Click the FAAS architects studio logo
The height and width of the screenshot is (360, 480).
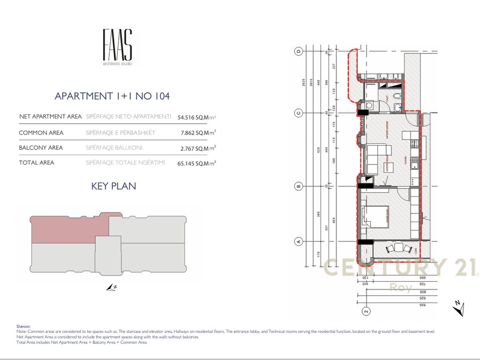pyautogui.click(x=117, y=47)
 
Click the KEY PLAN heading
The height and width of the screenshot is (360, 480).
pyautogui.click(x=113, y=186)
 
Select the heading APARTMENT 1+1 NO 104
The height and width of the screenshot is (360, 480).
pyautogui.click(x=112, y=96)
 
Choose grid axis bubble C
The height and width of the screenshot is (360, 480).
pyautogui.click(x=297, y=112)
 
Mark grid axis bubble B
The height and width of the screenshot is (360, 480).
pyautogui.click(x=297, y=186)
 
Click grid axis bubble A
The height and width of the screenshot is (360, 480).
pyautogui.click(x=297, y=242)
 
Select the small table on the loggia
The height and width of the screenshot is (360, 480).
pyautogui.click(x=399, y=247)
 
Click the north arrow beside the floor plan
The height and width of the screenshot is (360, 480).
pyautogui.click(x=459, y=309)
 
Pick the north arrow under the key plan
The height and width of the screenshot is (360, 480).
pyautogui.click(x=111, y=287)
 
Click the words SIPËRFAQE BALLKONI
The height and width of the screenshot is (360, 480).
pyautogui.click(x=114, y=148)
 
